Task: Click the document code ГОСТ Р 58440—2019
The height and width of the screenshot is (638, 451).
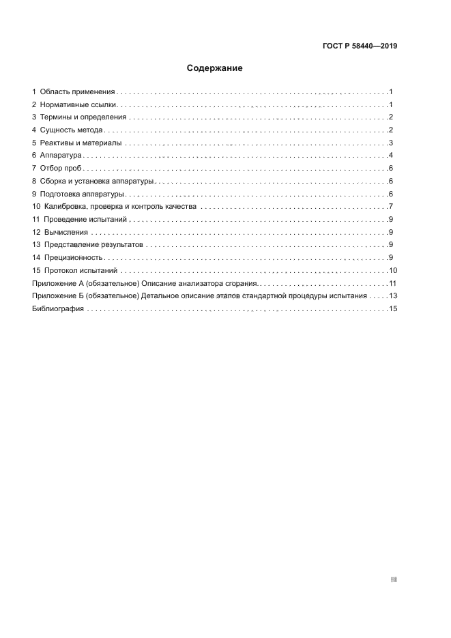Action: tap(360, 46)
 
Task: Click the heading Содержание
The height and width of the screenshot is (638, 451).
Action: tap(215, 68)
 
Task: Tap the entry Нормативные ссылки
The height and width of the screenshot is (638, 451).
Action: tap(79, 104)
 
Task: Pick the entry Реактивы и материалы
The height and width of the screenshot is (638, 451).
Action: tap(81, 143)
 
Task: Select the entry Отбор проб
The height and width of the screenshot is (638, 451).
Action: tap(61, 168)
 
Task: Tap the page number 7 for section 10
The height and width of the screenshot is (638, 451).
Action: tap(390, 206)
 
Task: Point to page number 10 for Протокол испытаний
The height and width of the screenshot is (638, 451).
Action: tap(392, 270)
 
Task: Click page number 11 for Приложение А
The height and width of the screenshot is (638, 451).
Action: tap(392, 282)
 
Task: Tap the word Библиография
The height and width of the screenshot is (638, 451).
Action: tap(58, 308)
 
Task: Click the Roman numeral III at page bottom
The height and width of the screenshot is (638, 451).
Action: tap(393, 579)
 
